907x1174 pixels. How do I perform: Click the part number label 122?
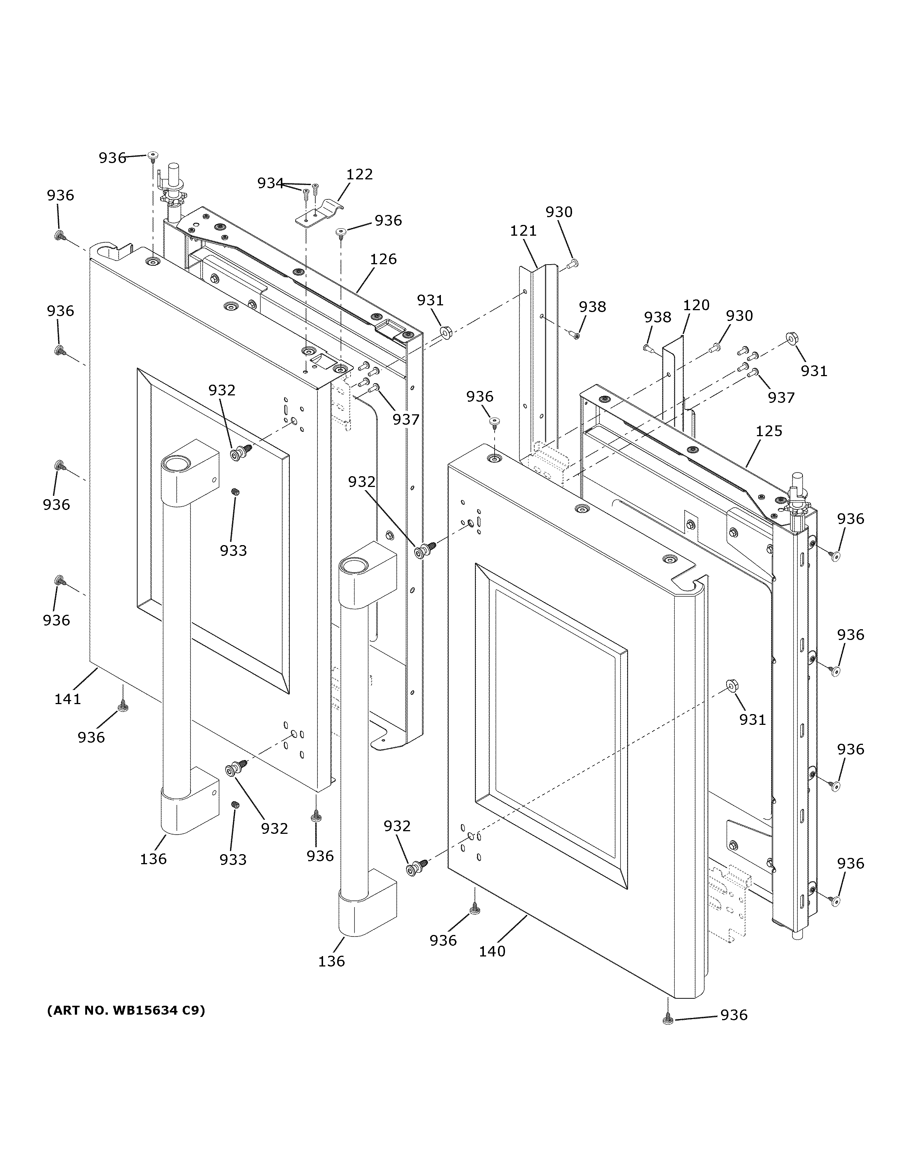[x=359, y=175]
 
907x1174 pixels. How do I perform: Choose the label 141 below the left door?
[x=68, y=699]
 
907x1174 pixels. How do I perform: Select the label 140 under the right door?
[x=492, y=951]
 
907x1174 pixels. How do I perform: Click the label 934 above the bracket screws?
[x=270, y=183]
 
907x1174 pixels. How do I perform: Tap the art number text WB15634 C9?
[x=126, y=1011]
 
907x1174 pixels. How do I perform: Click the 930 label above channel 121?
[x=559, y=212]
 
